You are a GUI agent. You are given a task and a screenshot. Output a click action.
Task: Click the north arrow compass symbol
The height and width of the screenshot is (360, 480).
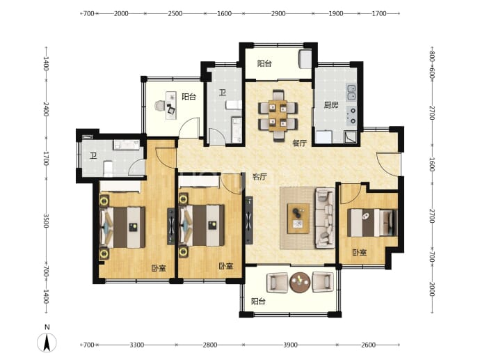coord(47,342)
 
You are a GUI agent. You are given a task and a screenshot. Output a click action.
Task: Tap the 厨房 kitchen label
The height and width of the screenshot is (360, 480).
coord(331,105)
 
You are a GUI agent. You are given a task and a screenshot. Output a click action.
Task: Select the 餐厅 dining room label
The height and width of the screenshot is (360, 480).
coord(299,143)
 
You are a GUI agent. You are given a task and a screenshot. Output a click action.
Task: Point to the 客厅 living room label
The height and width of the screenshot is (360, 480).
coord(259,176)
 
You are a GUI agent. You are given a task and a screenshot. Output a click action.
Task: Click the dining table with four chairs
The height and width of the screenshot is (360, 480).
coord(278,116)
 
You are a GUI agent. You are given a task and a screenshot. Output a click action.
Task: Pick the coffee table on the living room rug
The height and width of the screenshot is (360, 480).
coord(298,219)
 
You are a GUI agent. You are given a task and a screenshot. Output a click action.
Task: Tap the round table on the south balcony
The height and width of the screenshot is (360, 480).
coord(300,283)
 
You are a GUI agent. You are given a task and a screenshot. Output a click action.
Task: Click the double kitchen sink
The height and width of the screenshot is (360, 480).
coord(351,93)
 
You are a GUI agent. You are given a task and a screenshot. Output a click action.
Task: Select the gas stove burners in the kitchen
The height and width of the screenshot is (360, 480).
coord(352,116)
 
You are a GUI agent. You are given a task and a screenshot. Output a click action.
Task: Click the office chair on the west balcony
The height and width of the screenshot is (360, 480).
coord(159,106)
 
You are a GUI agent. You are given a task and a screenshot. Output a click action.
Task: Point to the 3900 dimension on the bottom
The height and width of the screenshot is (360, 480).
coord(290,345)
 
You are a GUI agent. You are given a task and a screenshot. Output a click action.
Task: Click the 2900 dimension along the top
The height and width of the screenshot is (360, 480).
coord(278,13)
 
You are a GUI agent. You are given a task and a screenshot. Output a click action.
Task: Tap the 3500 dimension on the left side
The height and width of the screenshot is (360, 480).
coord(46,221)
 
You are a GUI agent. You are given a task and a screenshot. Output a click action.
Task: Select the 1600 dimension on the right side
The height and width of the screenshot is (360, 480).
coord(431,164)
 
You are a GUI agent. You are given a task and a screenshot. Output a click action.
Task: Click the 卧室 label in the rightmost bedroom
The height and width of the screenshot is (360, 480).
coord(359,253)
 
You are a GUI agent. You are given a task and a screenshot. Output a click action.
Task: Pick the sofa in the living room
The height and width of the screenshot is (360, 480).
coord(324,218)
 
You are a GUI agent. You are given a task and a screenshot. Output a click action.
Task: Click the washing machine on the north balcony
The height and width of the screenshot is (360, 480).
coord(305,59)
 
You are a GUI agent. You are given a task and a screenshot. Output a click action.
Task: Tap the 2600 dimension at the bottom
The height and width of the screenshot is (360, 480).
coord(368,345)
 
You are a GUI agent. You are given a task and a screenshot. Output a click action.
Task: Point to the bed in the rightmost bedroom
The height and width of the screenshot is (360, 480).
coord(372,223)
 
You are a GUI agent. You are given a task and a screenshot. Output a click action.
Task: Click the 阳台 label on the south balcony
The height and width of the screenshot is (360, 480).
coord(258,302)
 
